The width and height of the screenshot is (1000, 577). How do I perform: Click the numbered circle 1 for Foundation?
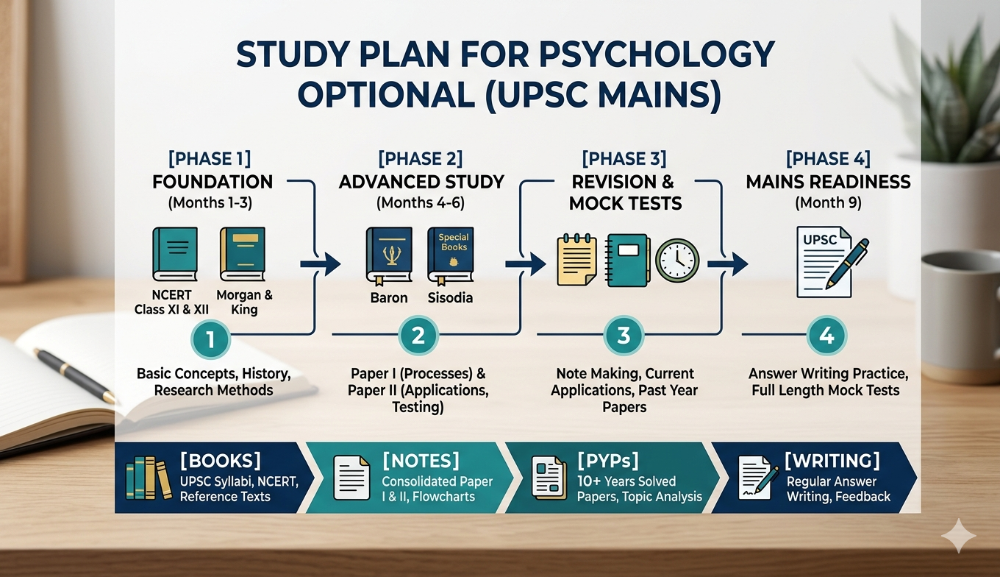[211, 339]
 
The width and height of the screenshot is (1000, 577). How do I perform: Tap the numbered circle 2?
[418, 336]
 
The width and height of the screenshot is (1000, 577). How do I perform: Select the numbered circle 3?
[624, 336]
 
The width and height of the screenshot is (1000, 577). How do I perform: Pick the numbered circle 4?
[826, 336]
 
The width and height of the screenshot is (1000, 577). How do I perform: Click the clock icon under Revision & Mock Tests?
[677, 261]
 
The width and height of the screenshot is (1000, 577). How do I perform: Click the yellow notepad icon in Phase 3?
[576, 260]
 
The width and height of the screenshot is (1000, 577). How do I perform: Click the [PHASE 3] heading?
[624, 159]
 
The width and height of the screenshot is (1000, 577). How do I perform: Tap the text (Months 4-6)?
[421, 203]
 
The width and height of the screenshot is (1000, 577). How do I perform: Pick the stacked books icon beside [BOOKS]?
[149, 478]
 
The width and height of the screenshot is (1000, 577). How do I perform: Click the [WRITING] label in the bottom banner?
[832, 461]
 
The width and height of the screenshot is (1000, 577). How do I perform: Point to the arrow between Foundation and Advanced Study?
[321, 264]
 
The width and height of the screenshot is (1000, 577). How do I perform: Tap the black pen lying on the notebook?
[75, 375]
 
